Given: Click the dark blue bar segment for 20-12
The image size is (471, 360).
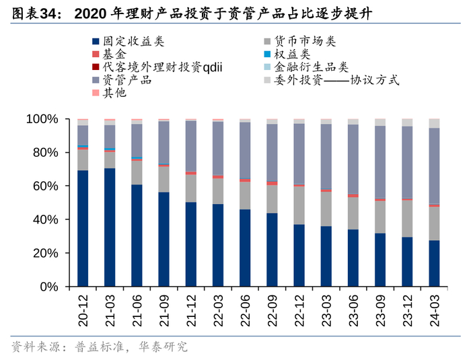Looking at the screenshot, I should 83,229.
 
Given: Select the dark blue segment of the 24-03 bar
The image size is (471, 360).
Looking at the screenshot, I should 434,263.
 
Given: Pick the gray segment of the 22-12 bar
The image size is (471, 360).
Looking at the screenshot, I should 299,205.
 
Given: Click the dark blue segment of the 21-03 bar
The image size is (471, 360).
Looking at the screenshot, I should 110,227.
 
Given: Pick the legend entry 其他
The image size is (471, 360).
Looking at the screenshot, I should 114,93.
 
